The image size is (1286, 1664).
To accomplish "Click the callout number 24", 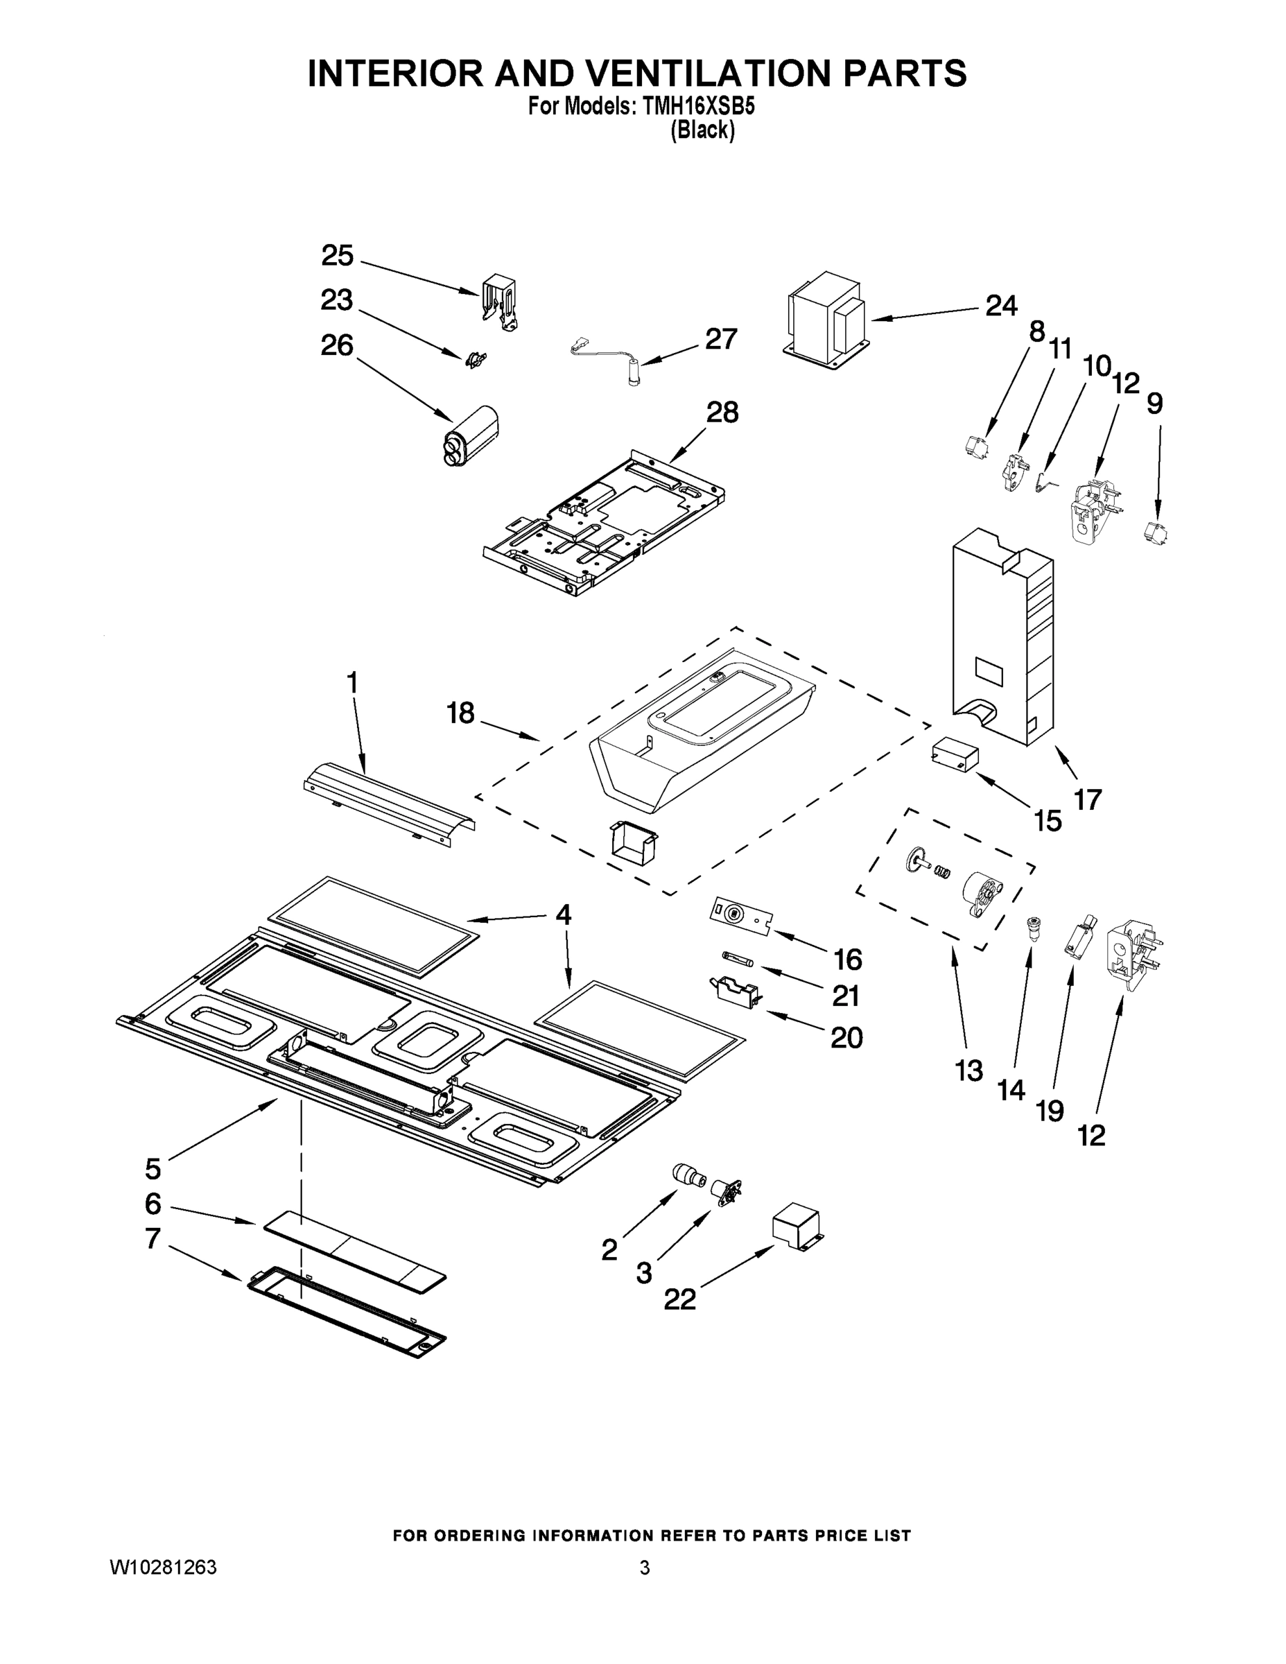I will (x=1001, y=306).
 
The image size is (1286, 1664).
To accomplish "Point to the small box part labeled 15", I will (x=954, y=754).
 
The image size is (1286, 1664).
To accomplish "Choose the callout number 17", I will (x=1087, y=799).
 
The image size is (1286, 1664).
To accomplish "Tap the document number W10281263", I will (x=163, y=1567).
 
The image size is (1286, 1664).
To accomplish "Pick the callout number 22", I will (x=679, y=1300).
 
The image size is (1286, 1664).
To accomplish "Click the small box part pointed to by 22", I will (x=797, y=1228).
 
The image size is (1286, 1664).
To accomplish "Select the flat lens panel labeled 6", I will (x=354, y=1249).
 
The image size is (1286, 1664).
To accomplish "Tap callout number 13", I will (x=969, y=1071).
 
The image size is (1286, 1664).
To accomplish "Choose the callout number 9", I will (x=1154, y=403).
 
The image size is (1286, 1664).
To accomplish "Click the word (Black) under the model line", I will (x=702, y=130).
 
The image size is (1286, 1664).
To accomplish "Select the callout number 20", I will (x=846, y=1037).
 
